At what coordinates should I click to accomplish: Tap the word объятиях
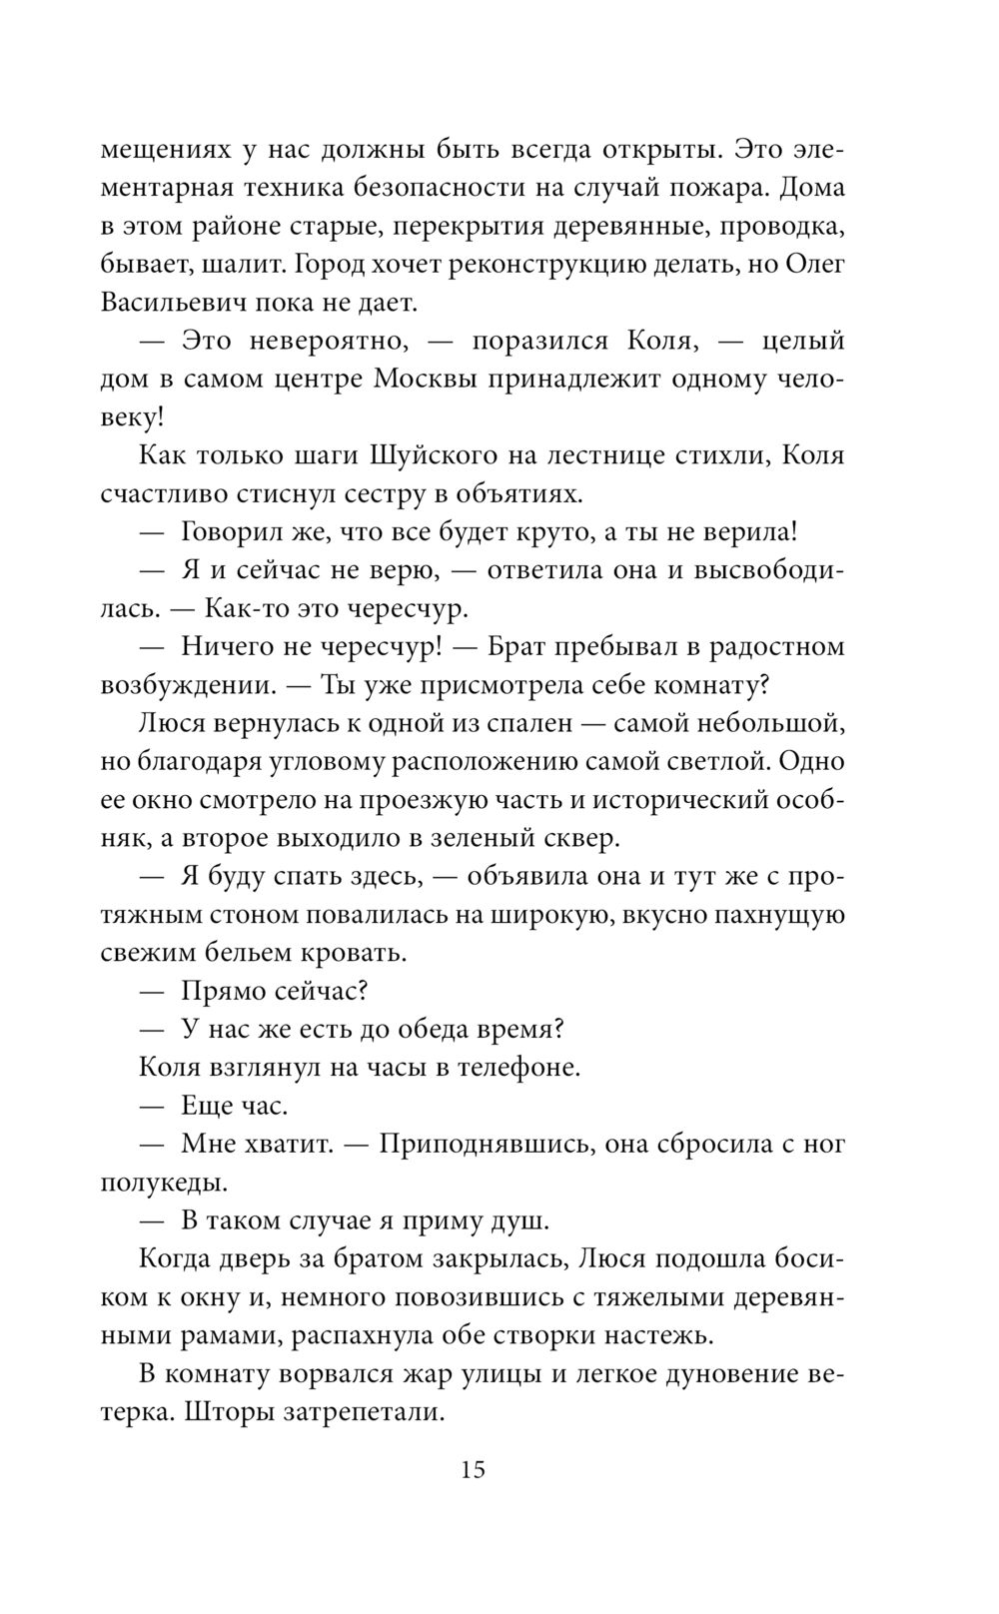click(519, 494)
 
